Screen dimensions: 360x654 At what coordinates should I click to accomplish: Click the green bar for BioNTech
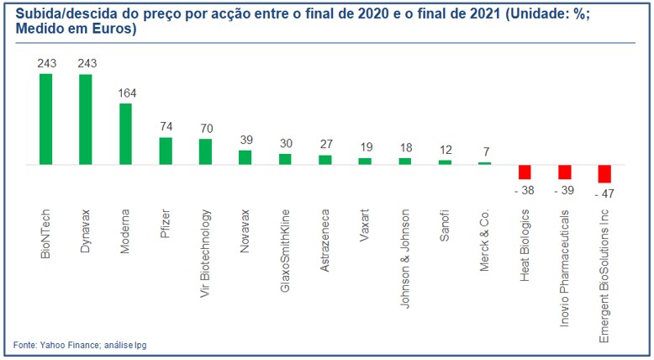[45, 119]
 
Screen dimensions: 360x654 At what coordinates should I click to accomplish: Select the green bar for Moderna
[125, 134]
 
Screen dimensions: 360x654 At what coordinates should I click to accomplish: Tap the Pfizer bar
[166, 151]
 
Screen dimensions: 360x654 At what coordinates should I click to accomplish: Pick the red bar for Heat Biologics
[525, 172]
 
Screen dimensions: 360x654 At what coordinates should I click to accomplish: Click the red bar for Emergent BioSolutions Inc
[604, 173]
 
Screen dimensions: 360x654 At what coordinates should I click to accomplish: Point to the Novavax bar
[245, 157]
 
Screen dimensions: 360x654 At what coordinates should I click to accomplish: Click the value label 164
[125, 94]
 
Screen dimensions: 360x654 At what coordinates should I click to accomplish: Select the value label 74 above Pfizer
[166, 128]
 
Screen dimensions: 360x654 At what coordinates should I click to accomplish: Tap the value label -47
[604, 193]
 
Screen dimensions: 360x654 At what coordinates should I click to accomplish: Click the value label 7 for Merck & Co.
[484, 152]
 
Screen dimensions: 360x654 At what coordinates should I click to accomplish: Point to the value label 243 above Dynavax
[86, 64]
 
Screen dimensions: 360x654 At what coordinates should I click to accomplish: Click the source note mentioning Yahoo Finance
[73, 345]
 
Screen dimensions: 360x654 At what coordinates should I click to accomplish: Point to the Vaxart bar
[365, 161]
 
